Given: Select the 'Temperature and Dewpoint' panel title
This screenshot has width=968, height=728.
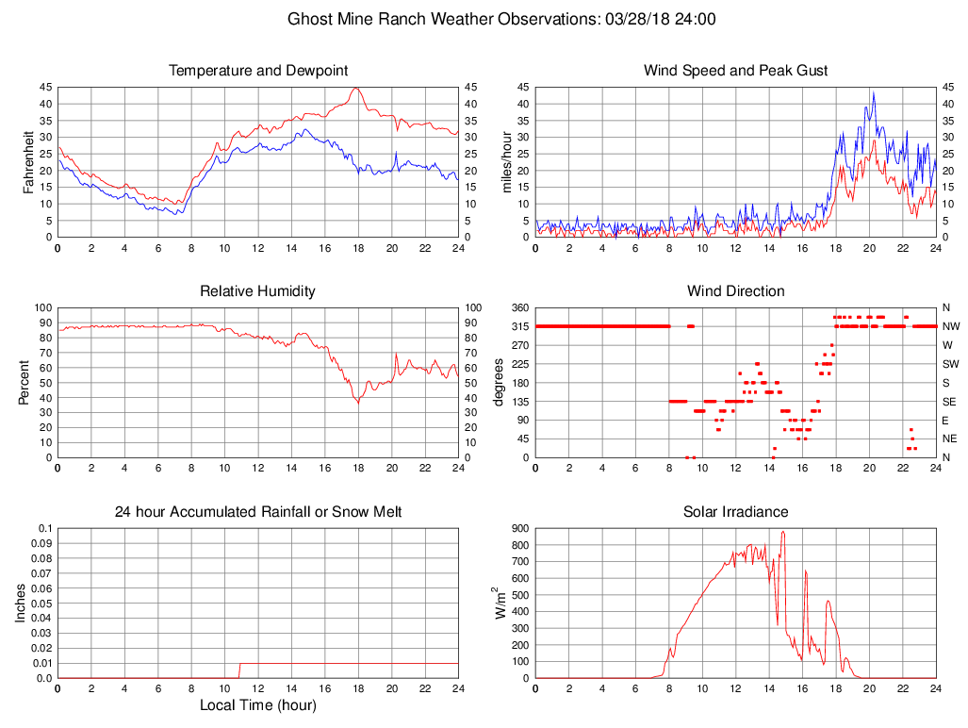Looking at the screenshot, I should [x=258, y=71].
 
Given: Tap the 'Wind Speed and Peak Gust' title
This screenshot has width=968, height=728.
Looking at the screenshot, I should [x=735, y=71].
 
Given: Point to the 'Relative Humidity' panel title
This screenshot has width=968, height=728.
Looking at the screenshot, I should [x=258, y=291].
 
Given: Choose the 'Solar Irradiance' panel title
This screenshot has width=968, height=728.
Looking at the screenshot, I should [x=735, y=512].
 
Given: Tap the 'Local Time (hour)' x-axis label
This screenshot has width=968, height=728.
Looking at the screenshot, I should [x=258, y=704].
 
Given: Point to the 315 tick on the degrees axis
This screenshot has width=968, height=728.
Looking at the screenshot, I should [x=518, y=326].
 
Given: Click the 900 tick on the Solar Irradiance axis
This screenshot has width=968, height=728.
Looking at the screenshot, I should [x=518, y=528].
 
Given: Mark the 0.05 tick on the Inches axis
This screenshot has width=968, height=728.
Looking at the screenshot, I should [x=41, y=604].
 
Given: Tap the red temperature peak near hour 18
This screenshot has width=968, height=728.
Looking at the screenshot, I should [x=355, y=89].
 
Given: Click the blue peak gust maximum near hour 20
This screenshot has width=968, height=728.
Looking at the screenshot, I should [x=873, y=92].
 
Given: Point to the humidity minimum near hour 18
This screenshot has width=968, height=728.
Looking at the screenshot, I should [x=357, y=403].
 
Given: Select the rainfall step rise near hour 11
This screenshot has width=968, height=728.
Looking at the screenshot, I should [x=240, y=670].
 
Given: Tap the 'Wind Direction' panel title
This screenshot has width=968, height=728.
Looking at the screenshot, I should [x=735, y=291].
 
